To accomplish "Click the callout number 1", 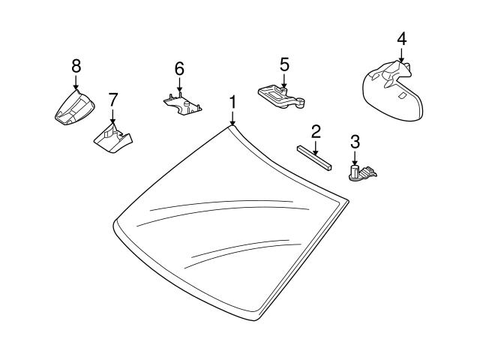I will point(233,101).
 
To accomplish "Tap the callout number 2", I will point(316,132).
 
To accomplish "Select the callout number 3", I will point(355,141).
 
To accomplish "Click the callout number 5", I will point(284,64).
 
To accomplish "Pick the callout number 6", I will point(178,69).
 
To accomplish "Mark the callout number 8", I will point(76,66).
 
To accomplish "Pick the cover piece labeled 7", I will point(112,138).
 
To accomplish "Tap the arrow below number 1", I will point(233,117).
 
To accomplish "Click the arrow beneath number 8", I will point(76,84).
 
